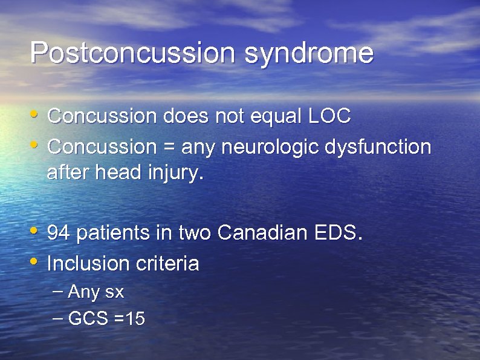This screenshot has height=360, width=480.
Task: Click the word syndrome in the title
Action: click(x=309, y=53)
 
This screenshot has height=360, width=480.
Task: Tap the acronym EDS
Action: click(x=339, y=232)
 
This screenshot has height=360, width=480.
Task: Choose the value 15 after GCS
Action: click(x=135, y=319)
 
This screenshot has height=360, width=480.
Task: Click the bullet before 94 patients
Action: click(x=35, y=231)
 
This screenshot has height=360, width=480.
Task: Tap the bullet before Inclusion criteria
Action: click(x=35, y=261)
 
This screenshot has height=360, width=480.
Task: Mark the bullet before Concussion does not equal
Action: click(x=35, y=114)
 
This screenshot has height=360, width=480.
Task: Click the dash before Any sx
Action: click(x=57, y=291)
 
